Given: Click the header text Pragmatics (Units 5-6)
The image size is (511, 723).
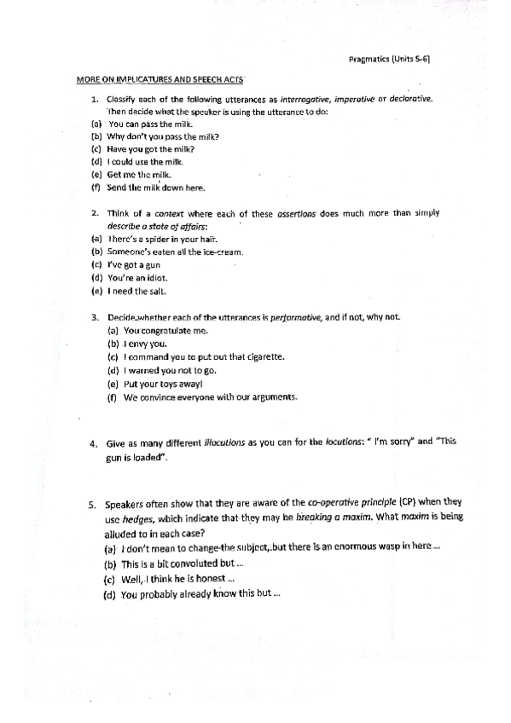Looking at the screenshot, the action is pyautogui.click(x=394, y=59).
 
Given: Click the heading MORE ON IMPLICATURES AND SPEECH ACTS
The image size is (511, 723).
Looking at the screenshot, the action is pyautogui.click(x=160, y=79).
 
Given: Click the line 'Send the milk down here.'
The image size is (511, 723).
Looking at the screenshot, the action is pyautogui.click(x=150, y=187).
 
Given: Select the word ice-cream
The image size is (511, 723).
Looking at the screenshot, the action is pyautogui.click(x=223, y=252).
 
